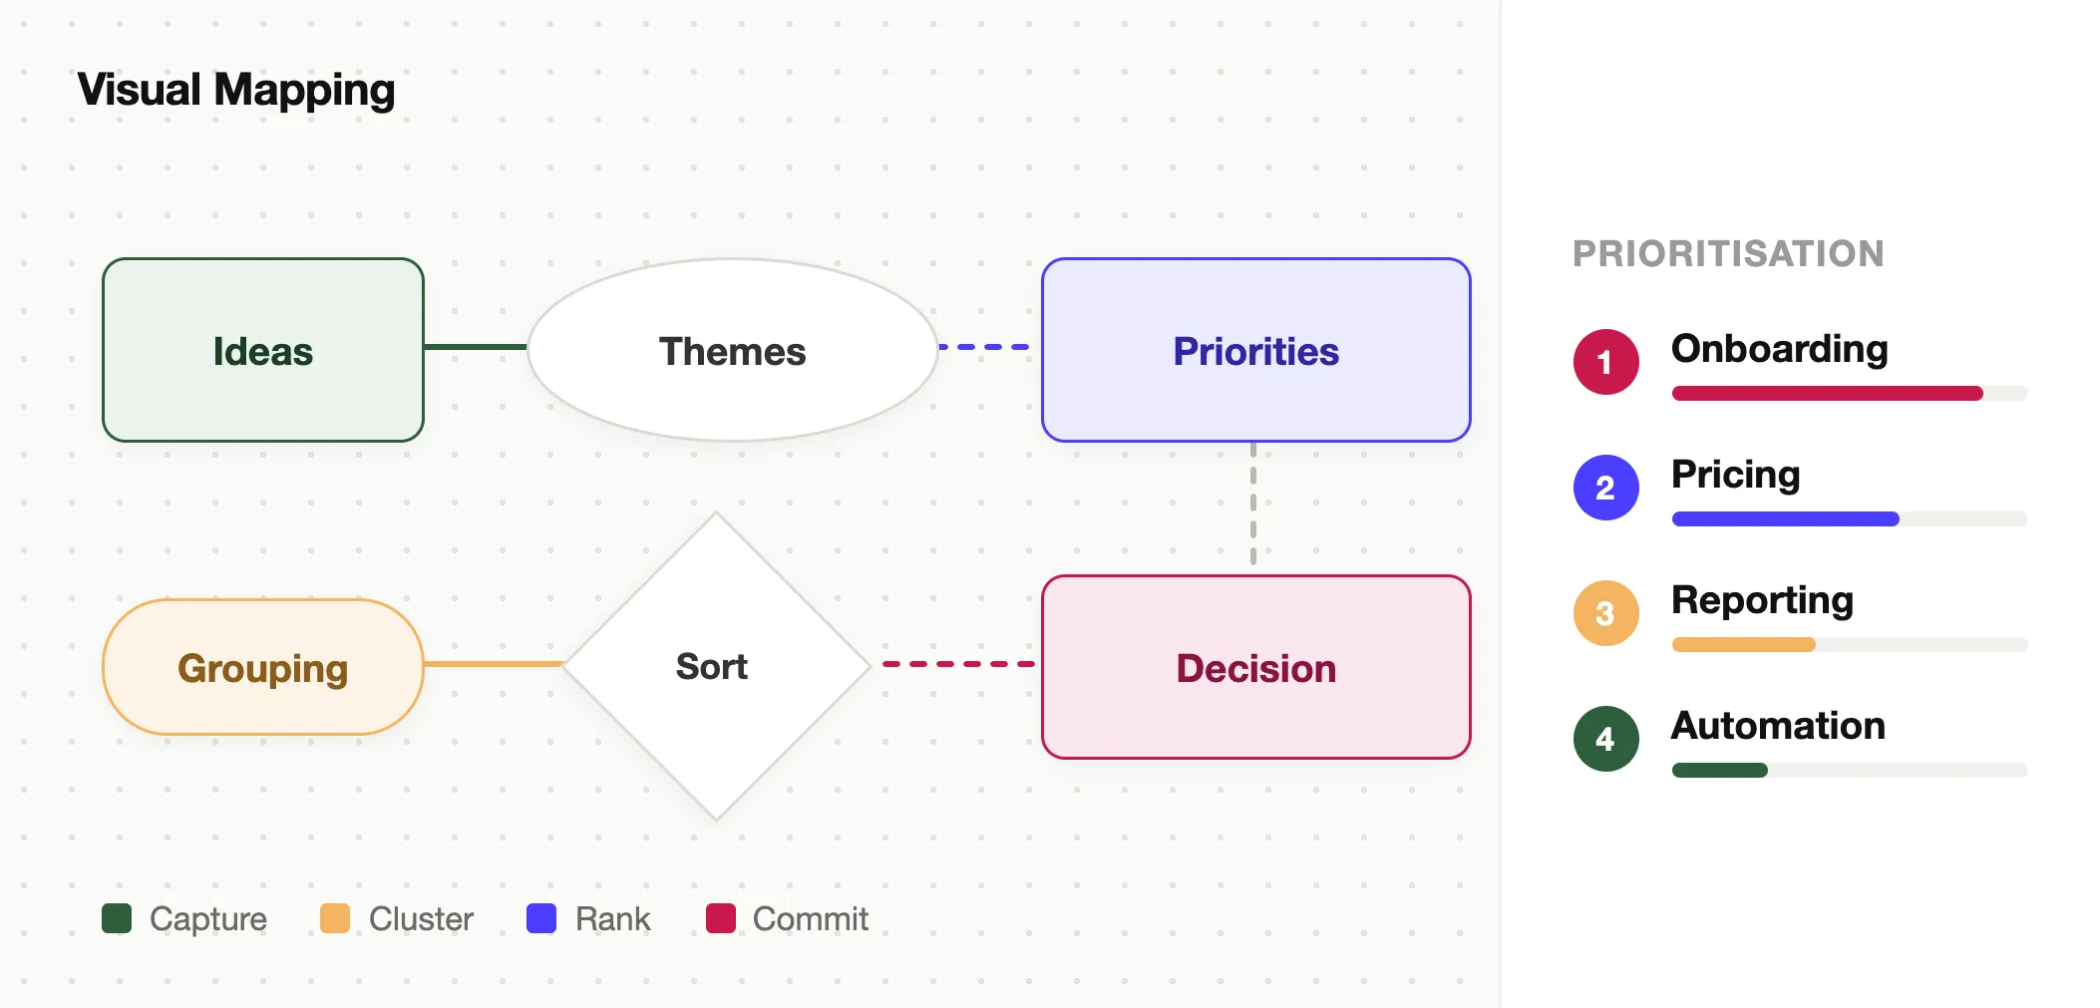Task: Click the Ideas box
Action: (x=263, y=350)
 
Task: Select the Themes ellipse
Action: (x=733, y=350)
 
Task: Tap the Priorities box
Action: (x=1256, y=350)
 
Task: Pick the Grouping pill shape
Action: (x=263, y=667)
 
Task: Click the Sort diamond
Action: (x=716, y=666)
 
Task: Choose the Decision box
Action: (x=1256, y=667)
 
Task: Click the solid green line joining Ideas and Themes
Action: (x=476, y=347)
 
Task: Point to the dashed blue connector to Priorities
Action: (x=984, y=347)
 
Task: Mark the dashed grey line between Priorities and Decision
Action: (x=1253, y=504)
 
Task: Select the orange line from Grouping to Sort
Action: (x=494, y=664)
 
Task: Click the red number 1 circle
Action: (x=1606, y=362)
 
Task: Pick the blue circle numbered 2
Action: (x=1606, y=488)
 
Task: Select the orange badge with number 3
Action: (x=1606, y=613)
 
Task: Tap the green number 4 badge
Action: (x=1606, y=739)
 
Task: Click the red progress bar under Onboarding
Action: (x=1828, y=394)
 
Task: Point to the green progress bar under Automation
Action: (x=1720, y=770)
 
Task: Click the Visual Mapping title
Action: (x=236, y=91)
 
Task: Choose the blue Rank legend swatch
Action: (x=541, y=918)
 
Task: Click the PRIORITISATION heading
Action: (x=1729, y=253)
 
